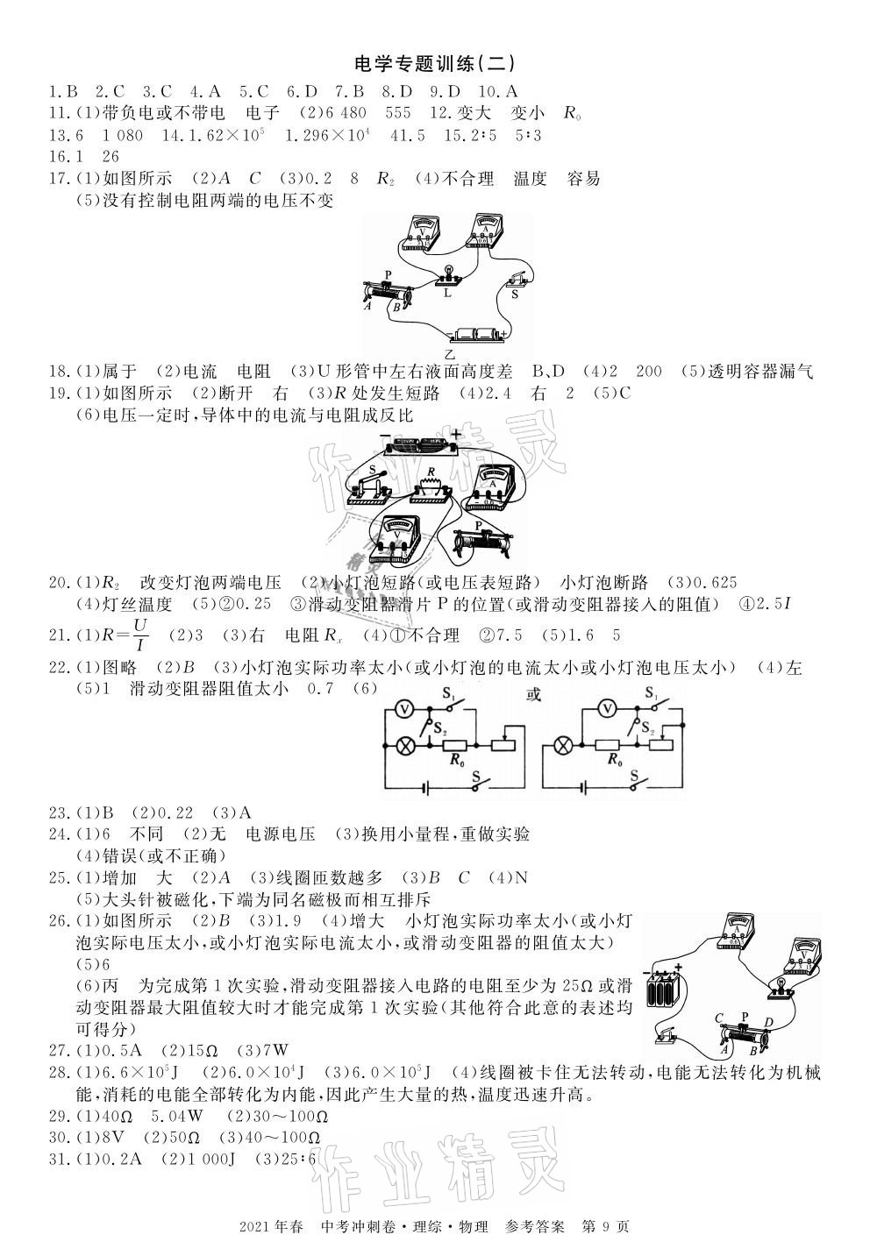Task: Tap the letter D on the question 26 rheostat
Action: (x=768, y=1022)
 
